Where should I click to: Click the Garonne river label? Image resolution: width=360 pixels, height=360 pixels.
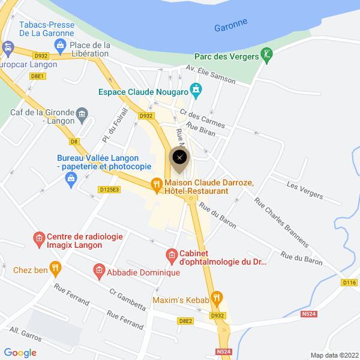pyautogui.click(x=230, y=25)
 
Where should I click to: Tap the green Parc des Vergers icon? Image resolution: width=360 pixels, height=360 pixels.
pyautogui.click(x=268, y=56)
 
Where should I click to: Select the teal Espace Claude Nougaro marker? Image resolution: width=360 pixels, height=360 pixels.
pyautogui.click(x=196, y=91)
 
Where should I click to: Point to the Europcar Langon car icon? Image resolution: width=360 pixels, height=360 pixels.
pyautogui.click(x=8, y=47)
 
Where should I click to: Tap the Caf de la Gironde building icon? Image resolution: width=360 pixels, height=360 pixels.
pyautogui.click(x=82, y=113)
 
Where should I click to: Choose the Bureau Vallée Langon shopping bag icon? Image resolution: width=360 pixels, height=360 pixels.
pyautogui.click(x=71, y=178)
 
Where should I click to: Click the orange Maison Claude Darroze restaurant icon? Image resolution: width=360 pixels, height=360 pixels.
pyautogui.click(x=155, y=183)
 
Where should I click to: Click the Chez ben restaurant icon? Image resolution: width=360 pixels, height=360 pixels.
pyautogui.click(x=56, y=268)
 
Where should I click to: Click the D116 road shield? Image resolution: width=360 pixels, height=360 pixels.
pyautogui.click(x=349, y=282)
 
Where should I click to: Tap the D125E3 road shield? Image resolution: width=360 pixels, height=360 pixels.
pyautogui.click(x=109, y=190)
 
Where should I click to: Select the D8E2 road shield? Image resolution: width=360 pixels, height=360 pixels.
pyautogui.click(x=186, y=321)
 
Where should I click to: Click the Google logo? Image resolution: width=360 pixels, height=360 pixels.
pyautogui.click(x=20, y=353)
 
